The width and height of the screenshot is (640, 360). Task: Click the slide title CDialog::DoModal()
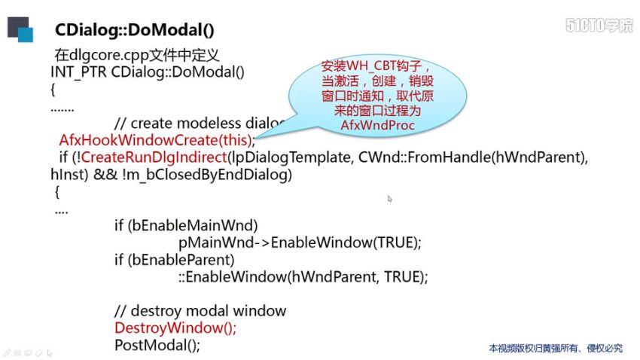coord(135,31)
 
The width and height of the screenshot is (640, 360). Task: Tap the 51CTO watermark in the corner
coord(599,25)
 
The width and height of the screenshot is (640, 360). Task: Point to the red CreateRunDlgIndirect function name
coord(153,157)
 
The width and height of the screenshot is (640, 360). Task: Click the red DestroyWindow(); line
coord(175,328)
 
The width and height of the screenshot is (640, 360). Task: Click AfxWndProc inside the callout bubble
coord(377,125)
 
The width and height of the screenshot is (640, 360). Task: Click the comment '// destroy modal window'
coord(200,311)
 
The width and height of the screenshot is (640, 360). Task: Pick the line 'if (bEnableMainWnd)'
coord(186,225)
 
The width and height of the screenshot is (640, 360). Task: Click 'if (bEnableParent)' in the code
coord(175,260)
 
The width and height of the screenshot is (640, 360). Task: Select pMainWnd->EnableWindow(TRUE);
coord(299,243)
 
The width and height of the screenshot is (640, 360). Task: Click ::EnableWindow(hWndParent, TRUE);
coord(303,276)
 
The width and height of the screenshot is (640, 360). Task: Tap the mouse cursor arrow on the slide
coord(390,200)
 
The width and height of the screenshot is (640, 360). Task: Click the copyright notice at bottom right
coord(556,348)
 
